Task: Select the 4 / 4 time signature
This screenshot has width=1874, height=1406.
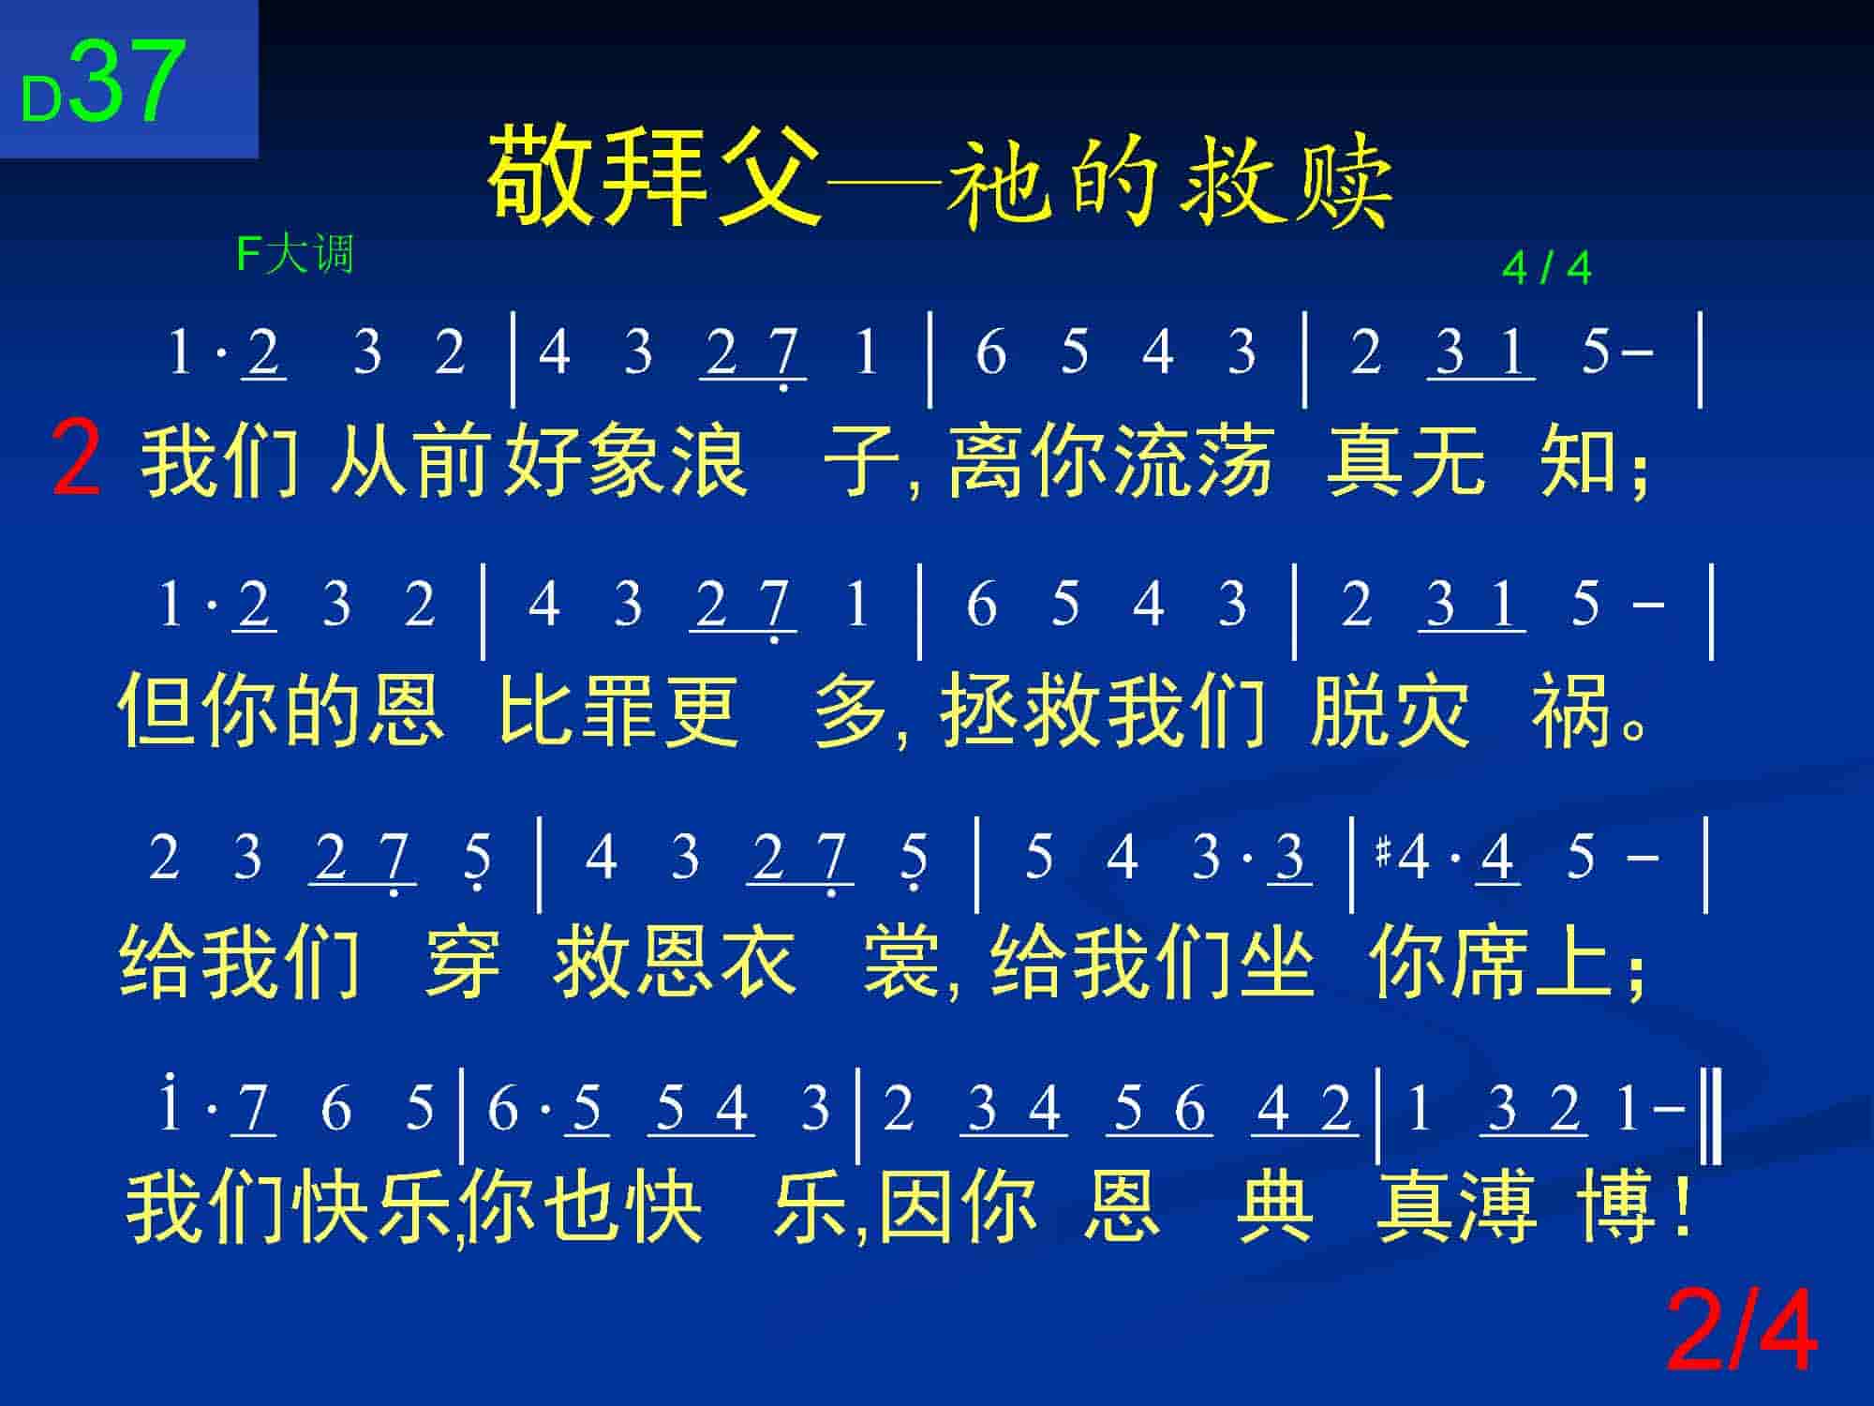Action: pos(1546,269)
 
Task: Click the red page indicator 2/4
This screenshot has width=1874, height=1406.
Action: pos(1742,1331)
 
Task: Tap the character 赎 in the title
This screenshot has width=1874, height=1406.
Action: pos(1343,183)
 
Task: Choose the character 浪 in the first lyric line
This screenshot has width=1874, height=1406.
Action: pos(709,460)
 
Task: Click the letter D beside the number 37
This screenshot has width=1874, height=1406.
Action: pos(41,99)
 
